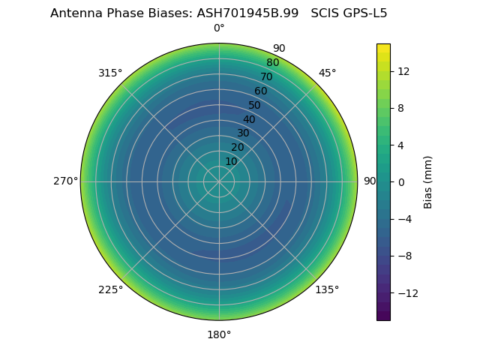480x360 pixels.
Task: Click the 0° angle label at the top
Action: point(219,28)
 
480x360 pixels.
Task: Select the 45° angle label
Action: point(328,73)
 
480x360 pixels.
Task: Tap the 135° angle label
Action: point(327,289)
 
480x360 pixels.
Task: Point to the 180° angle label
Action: point(219,334)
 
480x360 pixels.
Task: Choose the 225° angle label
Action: point(110,289)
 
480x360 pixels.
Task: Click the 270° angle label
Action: point(65,181)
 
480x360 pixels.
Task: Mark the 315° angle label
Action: point(110,73)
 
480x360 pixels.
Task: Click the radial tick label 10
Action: point(231,161)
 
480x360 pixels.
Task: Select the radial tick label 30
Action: point(243,133)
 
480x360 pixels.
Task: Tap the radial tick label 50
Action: point(255,105)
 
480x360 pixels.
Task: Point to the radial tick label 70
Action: point(266,76)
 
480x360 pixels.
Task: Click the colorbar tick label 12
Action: point(403,70)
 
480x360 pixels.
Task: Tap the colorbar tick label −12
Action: point(406,292)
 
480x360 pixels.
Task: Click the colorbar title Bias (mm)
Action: point(428,181)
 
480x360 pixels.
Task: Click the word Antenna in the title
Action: point(73,13)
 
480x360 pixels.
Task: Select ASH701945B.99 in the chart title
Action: point(247,13)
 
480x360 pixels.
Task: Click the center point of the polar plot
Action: point(219,181)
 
